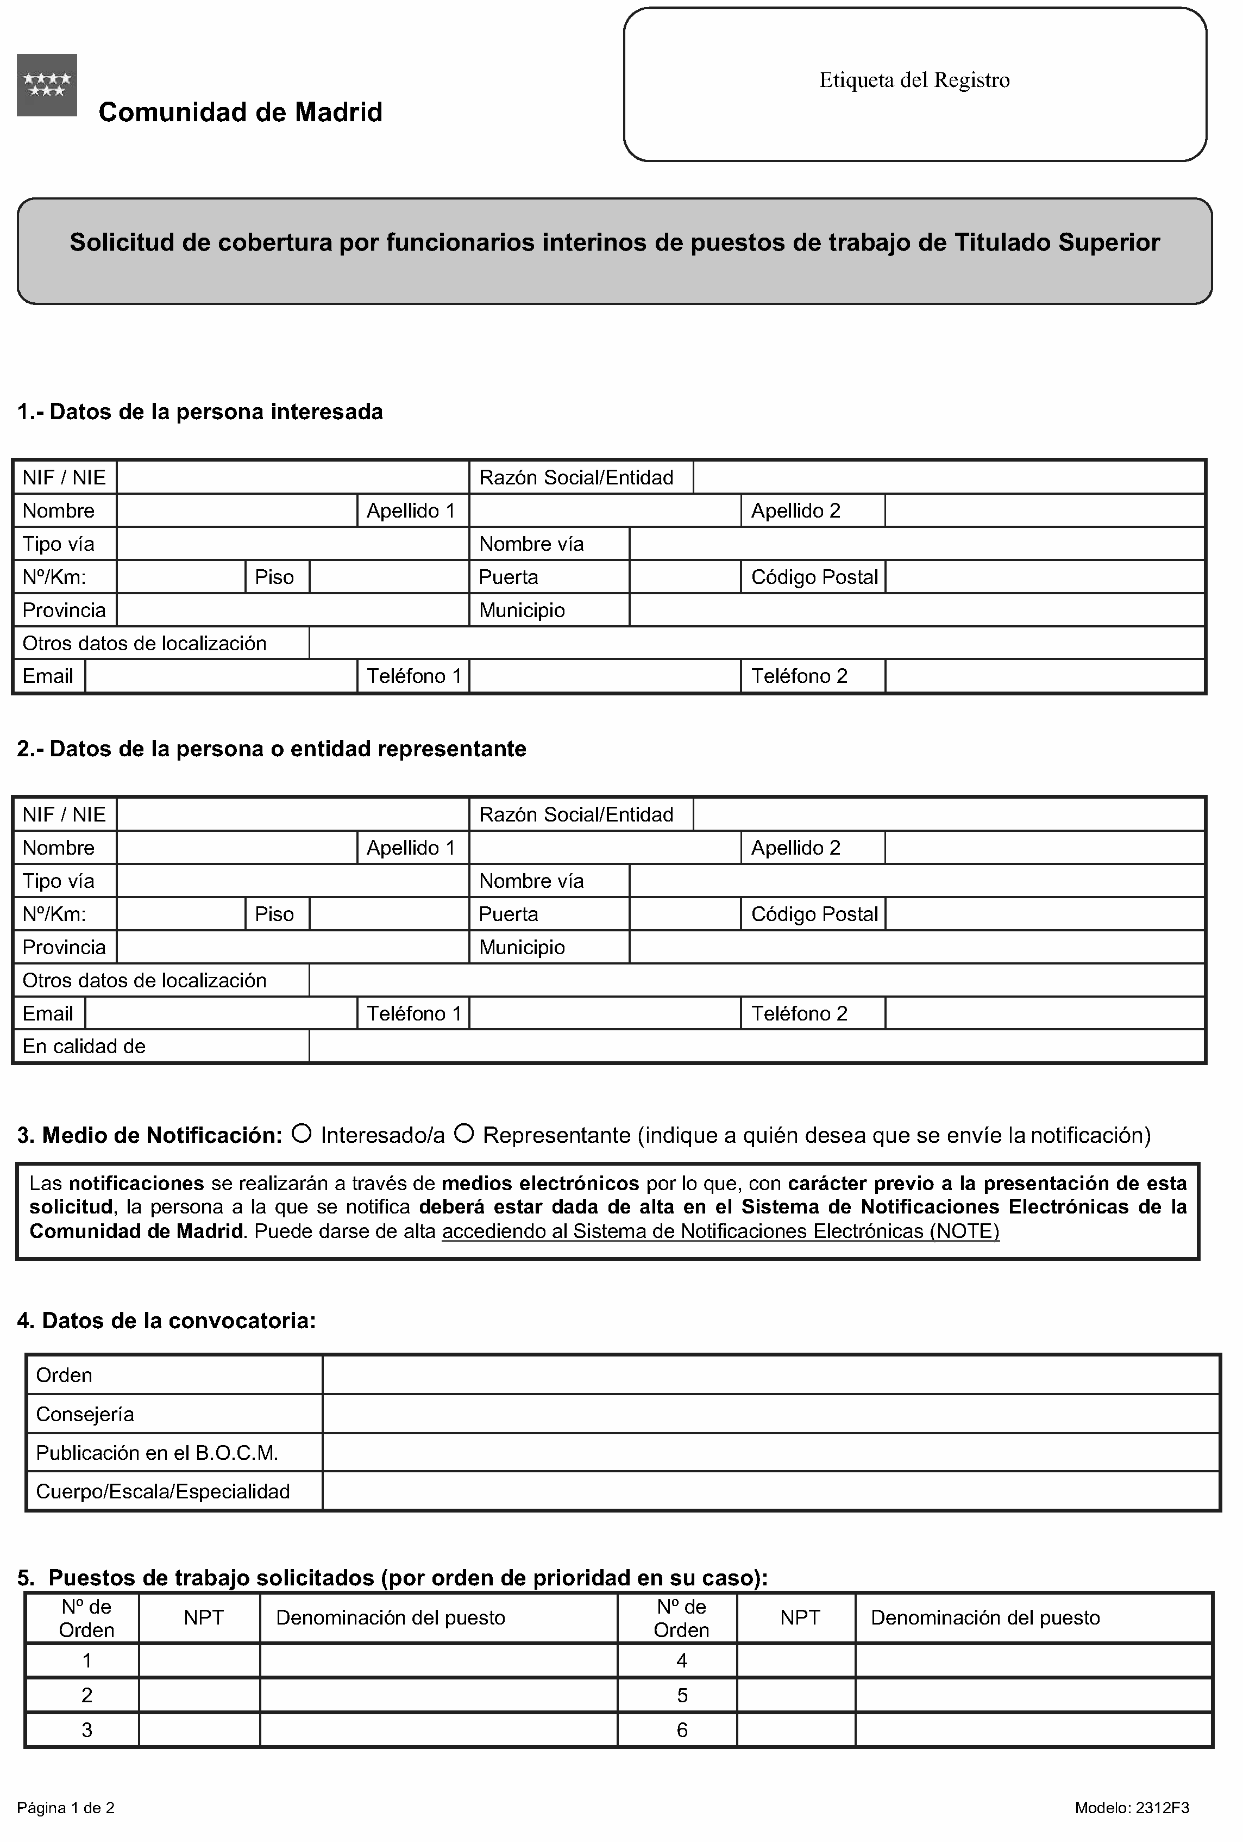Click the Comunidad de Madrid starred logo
pyautogui.click(x=47, y=85)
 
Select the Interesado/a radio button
pyautogui.click(x=301, y=1134)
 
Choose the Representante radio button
pyautogui.click(x=464, y=1134)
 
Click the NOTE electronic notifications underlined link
pyautogui.click(x=720, y=1231)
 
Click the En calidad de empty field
pyautogui.click(x=757, y=1046)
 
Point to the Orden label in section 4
pyautogui.click(x=64, y=1375)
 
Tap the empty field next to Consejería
pyautogui.click(x=769, y=1414)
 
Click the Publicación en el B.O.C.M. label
pyautogui.click(x=157, y=1453)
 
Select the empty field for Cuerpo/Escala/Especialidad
pyautogui.click(x=769, y=1492)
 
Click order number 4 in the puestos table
pyautogui.click(x=681, y=1660)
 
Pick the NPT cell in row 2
pyautogui.click(x=199, y=1695)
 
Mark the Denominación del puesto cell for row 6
pyautogui.click(x=1033, y=1730)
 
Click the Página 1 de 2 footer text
pyautogui.click(x=66, y=1808)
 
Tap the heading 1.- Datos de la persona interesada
pyautogui.click(x=199, y=412)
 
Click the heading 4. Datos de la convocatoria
pyautogui.click(x=166, y=1321)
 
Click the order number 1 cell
pyautogui.click(x=86, y=1660)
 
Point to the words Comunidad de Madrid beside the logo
pyautogui.click(x=240, y=113)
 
